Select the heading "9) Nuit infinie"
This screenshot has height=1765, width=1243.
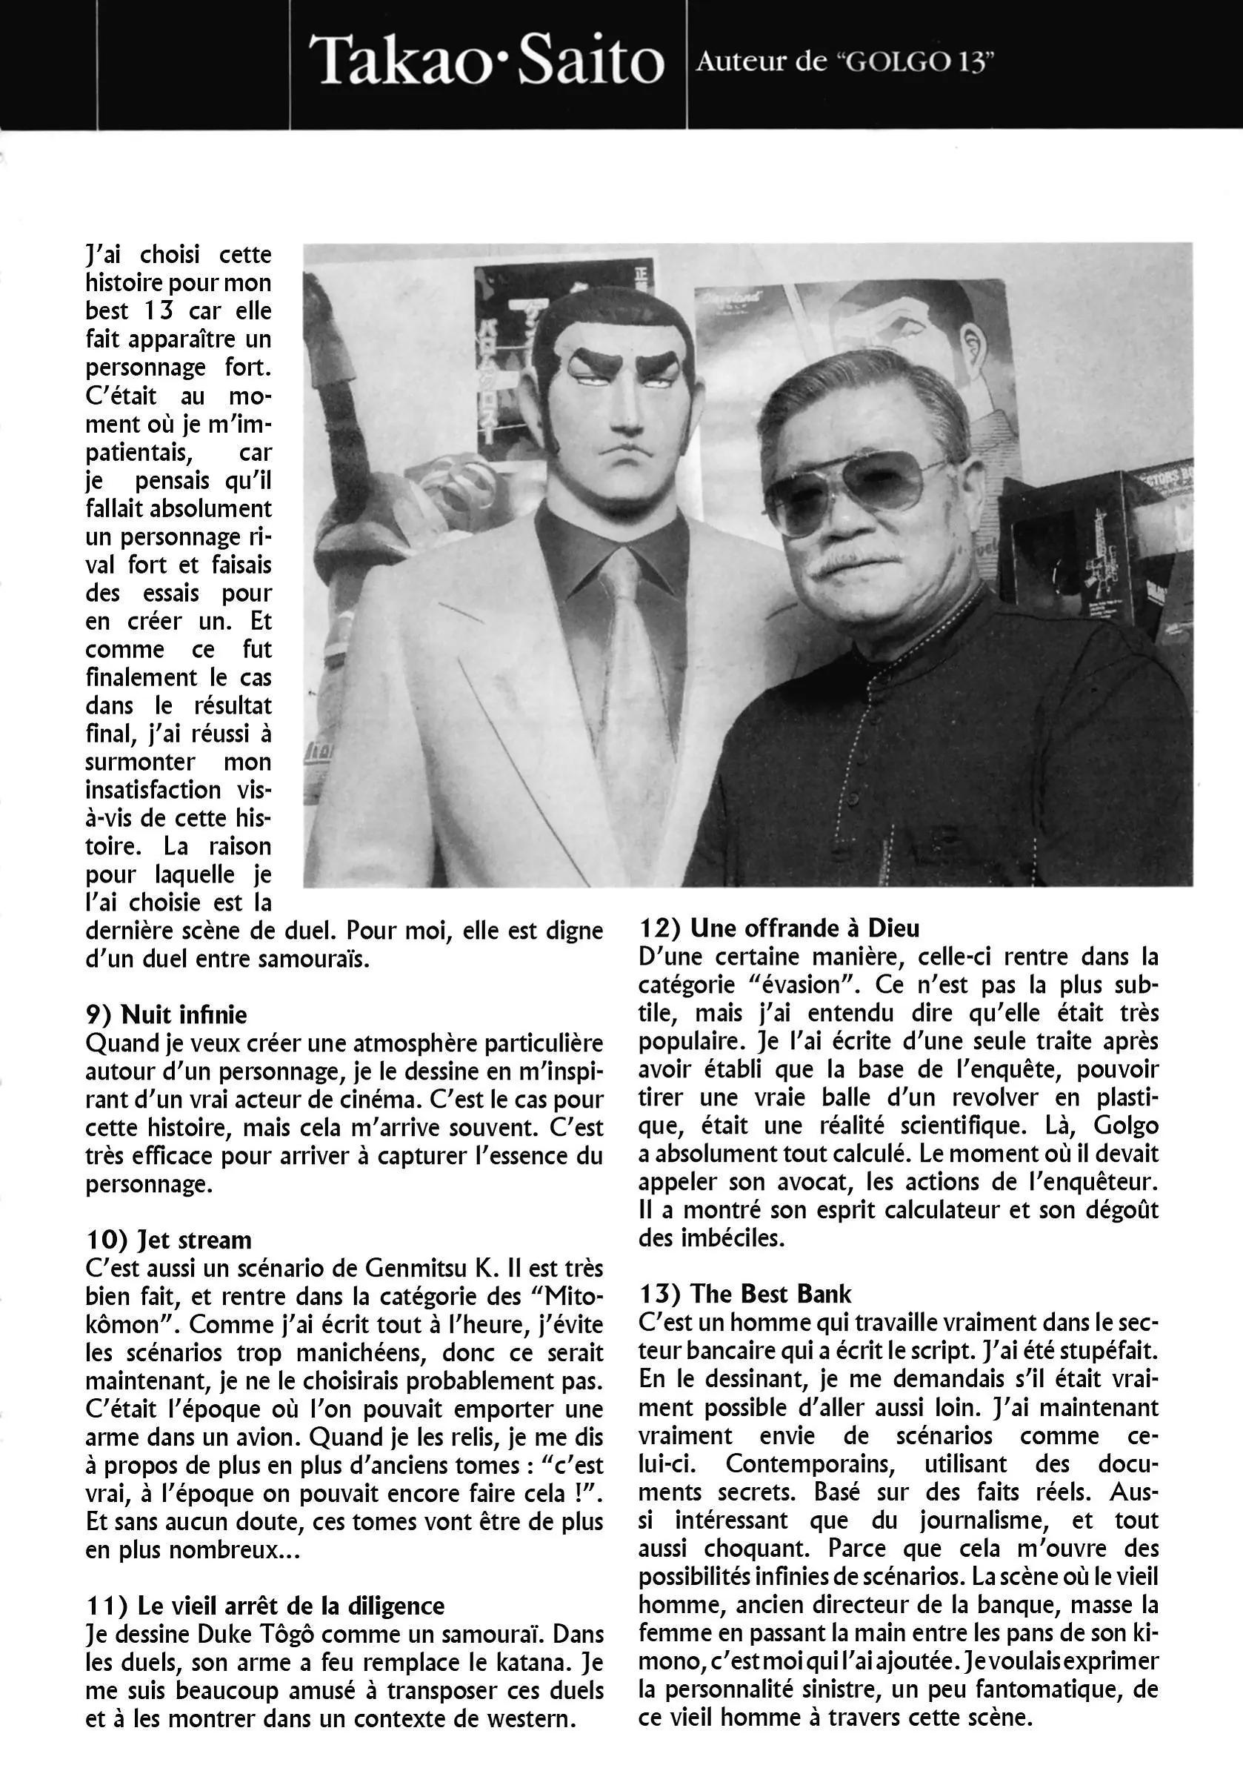(x=166, y=1014)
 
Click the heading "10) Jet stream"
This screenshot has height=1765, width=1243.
(x=168, y=1240)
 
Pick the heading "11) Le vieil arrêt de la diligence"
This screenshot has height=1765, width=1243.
(x=264, y=1606)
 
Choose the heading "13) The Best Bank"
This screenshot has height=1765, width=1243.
(x=745, y=1294)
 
